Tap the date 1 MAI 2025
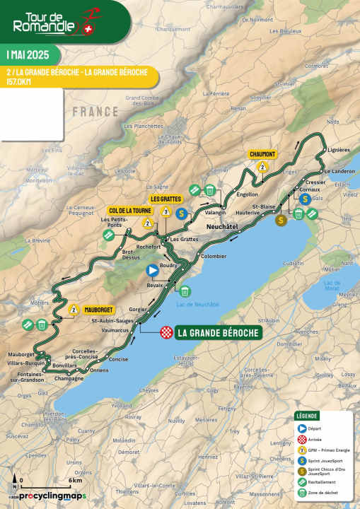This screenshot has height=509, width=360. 28,55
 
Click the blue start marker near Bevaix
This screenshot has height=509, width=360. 152,269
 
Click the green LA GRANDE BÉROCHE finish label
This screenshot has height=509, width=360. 219,332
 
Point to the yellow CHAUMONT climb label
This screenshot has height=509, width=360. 262,153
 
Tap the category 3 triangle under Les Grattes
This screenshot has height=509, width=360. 165,211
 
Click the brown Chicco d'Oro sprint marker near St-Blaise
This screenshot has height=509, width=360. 281,220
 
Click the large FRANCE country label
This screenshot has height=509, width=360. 95,112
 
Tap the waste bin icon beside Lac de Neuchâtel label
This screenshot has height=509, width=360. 184,291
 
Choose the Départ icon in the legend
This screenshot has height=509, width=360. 301,428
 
